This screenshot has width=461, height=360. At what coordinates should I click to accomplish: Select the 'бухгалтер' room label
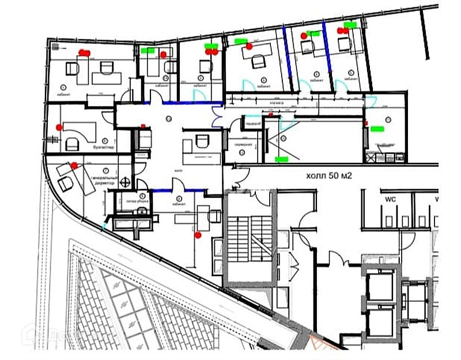[104, 148]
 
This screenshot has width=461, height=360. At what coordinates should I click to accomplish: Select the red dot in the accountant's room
[58, 126]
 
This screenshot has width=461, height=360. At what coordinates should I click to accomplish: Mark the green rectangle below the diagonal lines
[282, 157]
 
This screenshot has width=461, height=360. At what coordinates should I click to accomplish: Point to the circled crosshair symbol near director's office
[124, 183]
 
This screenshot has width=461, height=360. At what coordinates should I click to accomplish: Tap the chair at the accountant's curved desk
[73, 142]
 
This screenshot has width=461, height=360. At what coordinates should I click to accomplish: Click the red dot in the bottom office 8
[198, 234]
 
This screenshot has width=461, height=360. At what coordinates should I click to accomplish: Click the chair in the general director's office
[65, 183]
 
